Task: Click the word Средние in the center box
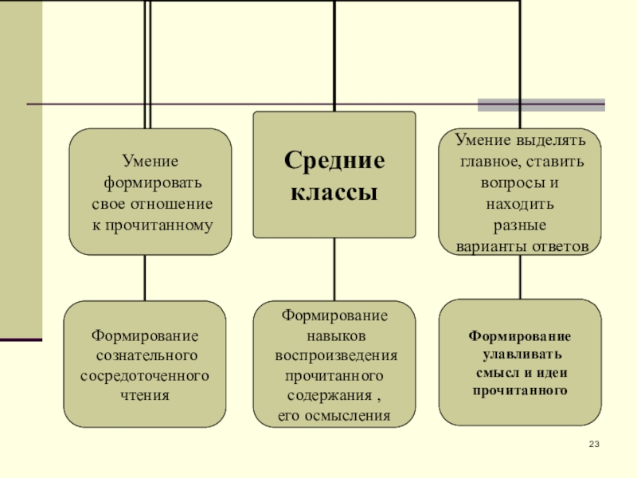click(334, 162)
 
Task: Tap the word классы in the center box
click(334, 194)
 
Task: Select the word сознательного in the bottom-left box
click(146, 355)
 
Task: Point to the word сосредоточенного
click(145, 374)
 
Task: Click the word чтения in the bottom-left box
click(145, 394)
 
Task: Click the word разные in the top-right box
click(520, 225)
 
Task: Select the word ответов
click(558, 246)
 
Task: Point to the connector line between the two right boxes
click(521, 276)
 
